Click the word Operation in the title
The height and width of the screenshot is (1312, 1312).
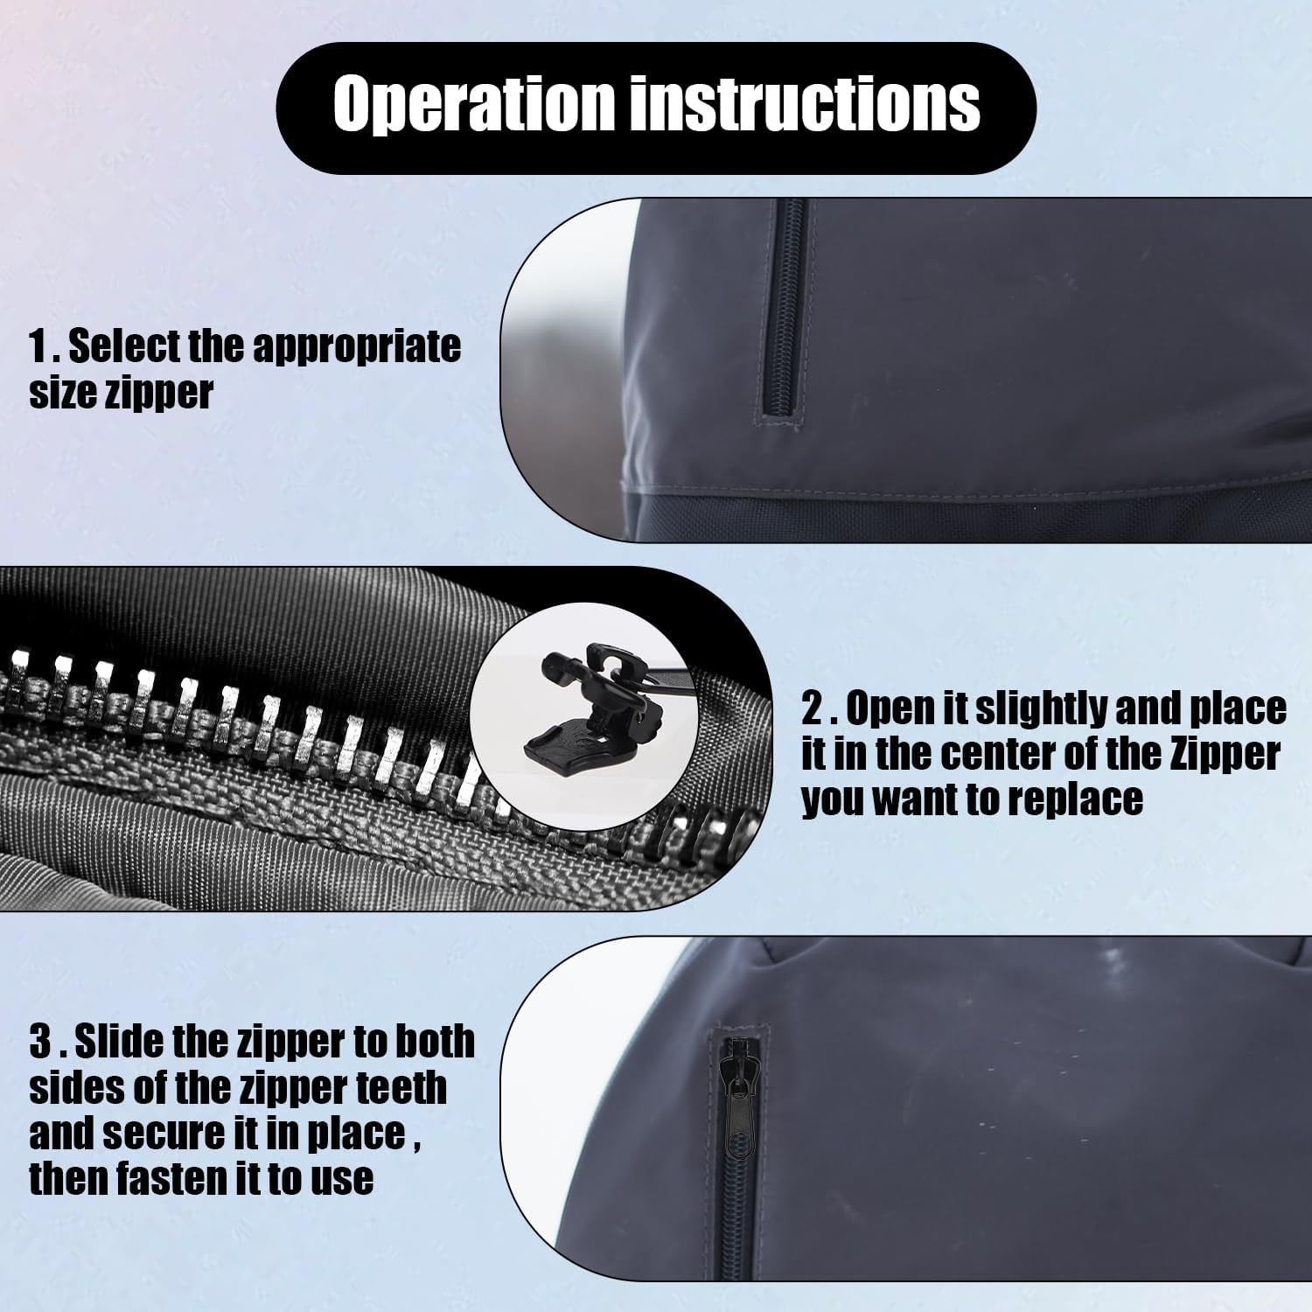point(473,104)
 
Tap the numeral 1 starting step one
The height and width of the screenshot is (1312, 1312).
point(38,347)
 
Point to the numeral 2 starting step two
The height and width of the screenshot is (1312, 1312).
point(813,709)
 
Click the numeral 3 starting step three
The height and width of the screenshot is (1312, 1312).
point(40,1042)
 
